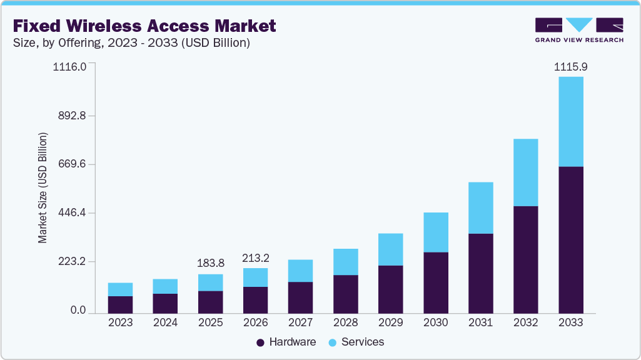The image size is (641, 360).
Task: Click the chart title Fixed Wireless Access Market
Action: pos(144,26)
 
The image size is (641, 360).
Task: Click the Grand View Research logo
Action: pos(579,30)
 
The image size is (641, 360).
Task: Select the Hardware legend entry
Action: pos(286,342)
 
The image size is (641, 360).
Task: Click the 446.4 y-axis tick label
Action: pos(73,213)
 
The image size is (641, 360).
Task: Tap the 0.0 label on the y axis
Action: pos(78,311)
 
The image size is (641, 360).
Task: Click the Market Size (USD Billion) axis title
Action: pos(43,187)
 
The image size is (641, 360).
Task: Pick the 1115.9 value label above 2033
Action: pos(570,66)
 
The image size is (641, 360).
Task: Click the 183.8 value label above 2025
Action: pos(210,263)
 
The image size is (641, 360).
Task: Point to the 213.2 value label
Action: pos(255,257)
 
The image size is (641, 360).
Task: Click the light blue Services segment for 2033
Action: pos(570,121)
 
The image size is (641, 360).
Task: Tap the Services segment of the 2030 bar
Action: pos(435,232)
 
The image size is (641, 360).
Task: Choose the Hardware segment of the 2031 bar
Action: pos(480,273)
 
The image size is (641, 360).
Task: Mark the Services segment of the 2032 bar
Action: pos(525,172)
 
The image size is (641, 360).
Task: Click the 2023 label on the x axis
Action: pos(120,323)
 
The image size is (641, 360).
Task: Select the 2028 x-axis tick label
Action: pos(345,323)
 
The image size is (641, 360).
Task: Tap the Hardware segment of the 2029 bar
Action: pos(390,289)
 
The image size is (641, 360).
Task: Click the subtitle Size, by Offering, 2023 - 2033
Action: pos(132,43)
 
